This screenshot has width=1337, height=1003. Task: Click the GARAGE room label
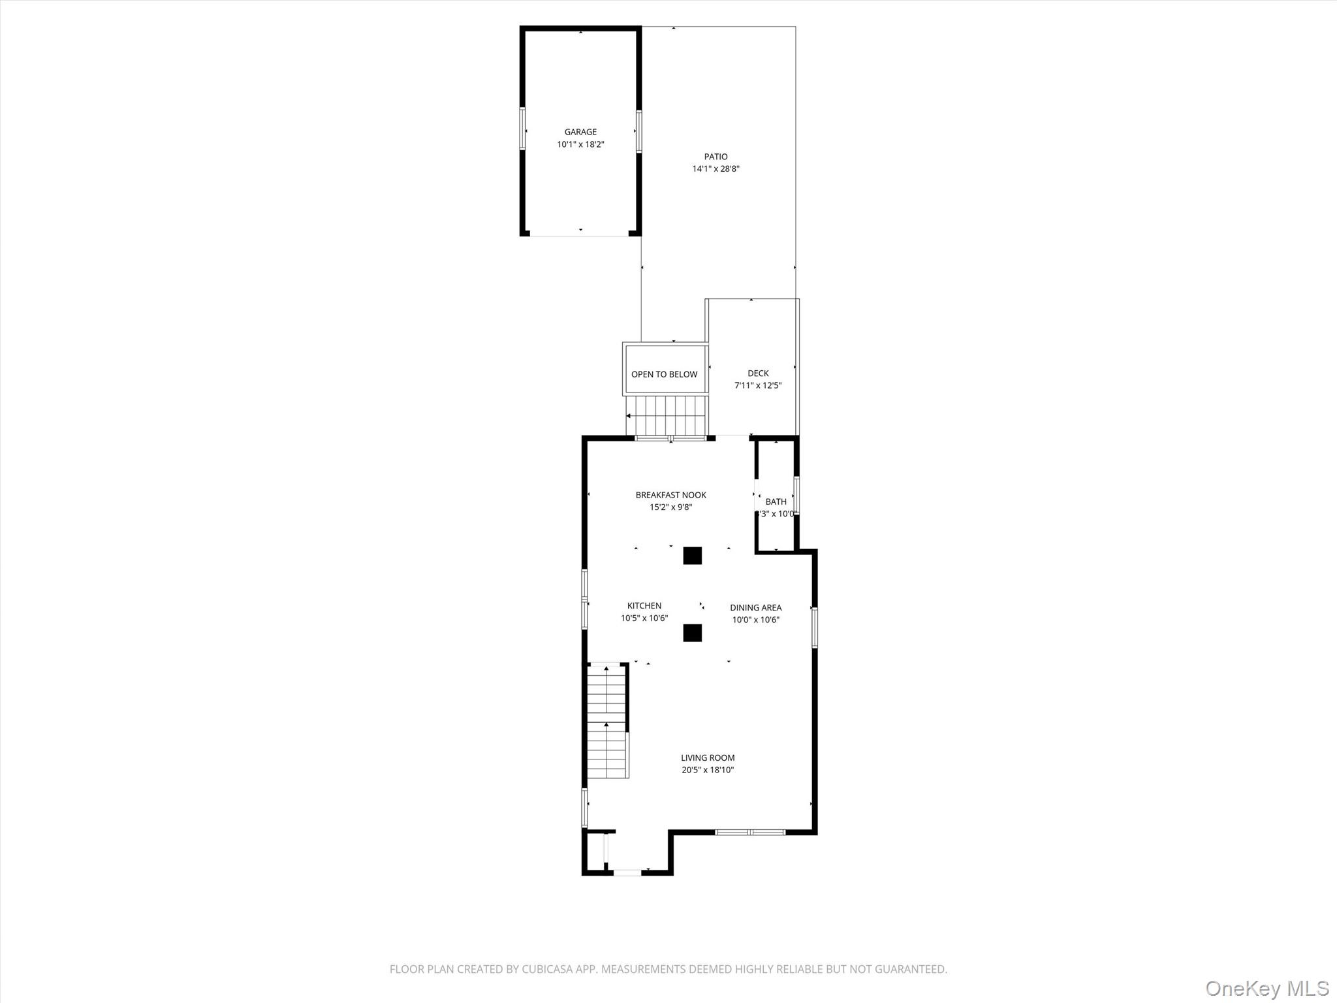click(x=580, y=132)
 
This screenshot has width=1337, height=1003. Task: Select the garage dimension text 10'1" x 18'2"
click(x=580, y=144)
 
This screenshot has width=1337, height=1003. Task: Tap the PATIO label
click(x=716, y=157)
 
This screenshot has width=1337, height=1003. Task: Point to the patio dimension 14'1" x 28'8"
click(x=716, y=169)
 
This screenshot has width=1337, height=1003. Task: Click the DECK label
click(x=758, y=374)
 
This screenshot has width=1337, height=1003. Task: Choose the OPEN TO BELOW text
click(x=664, y=374)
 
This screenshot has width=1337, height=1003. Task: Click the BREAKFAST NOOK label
click(x=670, y=495)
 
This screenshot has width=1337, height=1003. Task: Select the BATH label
click(x=776, y=501)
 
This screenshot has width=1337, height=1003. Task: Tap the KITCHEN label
click(x=644, y=606)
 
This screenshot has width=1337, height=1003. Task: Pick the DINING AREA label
click(x=755, y=608)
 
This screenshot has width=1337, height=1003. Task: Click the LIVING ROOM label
click(x=708, y=758)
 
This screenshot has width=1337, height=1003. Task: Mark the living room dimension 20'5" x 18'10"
click(x=708, y=771)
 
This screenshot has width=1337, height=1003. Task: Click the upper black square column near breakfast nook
click(x=692, y=556)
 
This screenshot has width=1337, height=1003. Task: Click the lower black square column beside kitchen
click(x=692, y=633)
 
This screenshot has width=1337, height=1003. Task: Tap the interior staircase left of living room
click(x=607, y=722)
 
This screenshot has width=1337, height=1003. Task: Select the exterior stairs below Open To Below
click(x=666, y=415)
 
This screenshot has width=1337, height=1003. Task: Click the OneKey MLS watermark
click(x=1267, y=988)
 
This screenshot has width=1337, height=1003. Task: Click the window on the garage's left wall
click(x=522, y=129)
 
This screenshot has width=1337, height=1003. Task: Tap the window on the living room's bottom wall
click(x=749, y=832)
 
